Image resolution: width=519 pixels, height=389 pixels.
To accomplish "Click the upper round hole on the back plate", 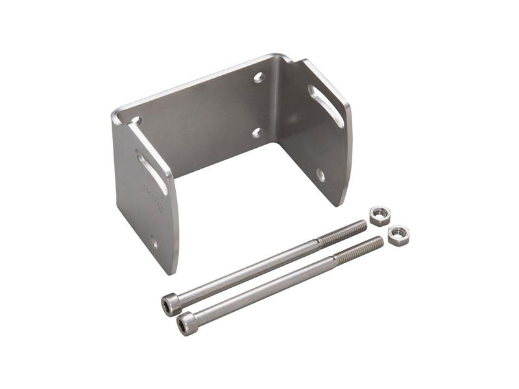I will [259, 77].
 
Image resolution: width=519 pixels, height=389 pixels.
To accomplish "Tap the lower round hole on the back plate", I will [257, 132].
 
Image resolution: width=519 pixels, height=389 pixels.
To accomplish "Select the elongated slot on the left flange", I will [152, 172].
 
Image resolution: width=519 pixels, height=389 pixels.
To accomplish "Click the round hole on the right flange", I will [320, 174].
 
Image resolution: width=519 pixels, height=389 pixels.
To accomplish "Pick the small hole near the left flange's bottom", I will [154, 244].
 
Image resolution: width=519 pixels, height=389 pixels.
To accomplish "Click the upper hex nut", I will [380, 215].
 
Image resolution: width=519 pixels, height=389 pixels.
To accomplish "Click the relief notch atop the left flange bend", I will [136, 121].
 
